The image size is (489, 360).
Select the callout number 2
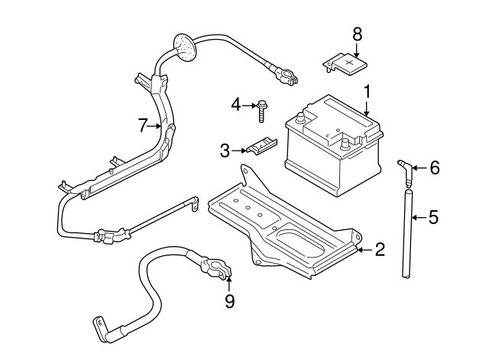(x=380, y=250)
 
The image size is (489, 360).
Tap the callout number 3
(x=225, y=151)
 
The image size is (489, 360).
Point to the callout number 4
(x=236, y=104)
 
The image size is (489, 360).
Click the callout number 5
(x=433, y=218)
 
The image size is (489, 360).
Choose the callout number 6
(x=434, y=167)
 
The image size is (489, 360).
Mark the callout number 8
(x=356, y=34)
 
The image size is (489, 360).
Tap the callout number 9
(x=228, y=302)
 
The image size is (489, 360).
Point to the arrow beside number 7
(x=158, y=126)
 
